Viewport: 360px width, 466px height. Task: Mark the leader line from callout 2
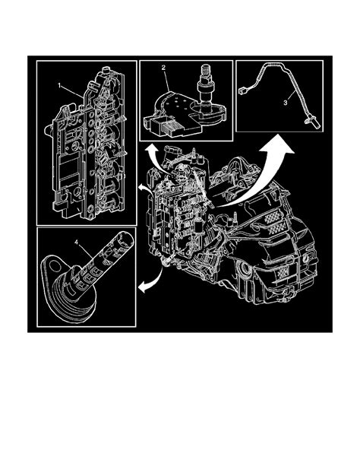coord(169,77)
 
